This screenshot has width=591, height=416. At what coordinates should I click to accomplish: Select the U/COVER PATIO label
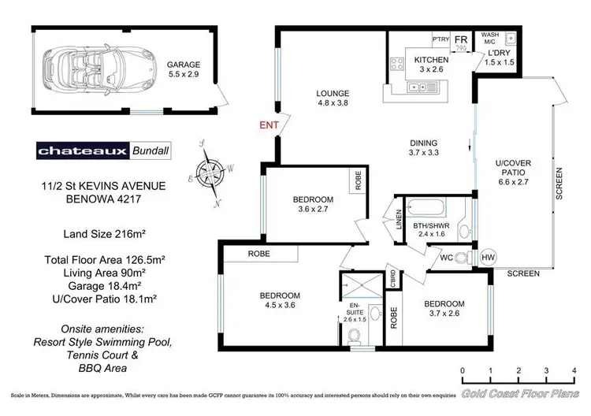514,170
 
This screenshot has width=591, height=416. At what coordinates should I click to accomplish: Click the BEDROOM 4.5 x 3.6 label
281,302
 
